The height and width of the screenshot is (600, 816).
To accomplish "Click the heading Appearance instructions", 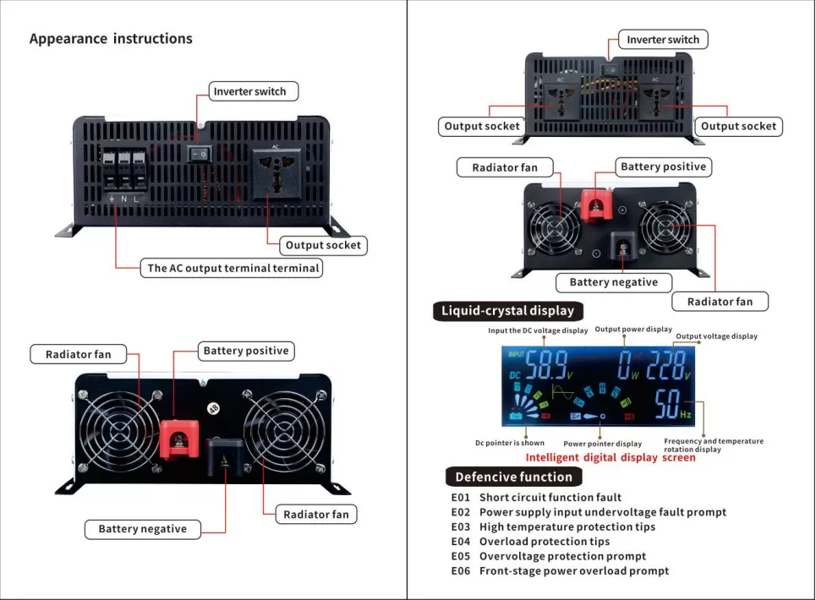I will click(x=111, y=39).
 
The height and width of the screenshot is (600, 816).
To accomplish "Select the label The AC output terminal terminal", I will click(x=233, y=269).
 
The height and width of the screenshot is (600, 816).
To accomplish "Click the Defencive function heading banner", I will click(x=513, y=477).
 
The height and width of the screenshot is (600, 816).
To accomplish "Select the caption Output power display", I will click(x=633, y=330).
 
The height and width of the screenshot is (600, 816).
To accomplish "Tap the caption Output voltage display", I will click(x=716, y=336).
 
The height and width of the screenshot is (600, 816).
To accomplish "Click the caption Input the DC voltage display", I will click(x=538, y=330).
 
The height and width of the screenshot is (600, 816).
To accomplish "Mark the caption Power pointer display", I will click(x=602, y=444).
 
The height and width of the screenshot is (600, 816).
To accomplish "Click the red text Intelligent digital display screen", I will click(x=611, y=457).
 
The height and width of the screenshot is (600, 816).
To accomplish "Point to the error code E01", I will click(x=460, y=498).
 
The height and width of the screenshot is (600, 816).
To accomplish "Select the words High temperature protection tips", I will click(x=567, y=527).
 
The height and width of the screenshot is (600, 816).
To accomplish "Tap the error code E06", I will click(x=460, y=571).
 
